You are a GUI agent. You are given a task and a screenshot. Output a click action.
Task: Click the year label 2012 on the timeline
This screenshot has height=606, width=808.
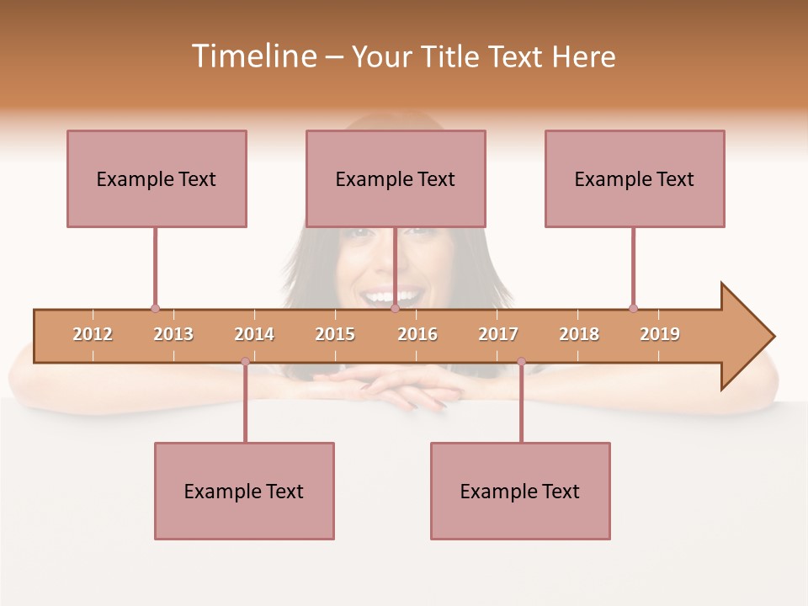point(93,334)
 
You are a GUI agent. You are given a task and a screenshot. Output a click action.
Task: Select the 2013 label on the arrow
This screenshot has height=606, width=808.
point(173,334)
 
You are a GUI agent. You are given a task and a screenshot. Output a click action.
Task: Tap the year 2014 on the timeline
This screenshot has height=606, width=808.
point(254,334)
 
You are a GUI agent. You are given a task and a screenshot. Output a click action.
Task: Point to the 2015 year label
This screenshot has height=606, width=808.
point(335,334)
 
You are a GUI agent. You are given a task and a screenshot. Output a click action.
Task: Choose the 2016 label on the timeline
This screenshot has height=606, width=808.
point(417,334)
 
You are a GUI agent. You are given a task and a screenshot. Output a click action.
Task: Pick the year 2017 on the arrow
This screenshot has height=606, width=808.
point(498,334)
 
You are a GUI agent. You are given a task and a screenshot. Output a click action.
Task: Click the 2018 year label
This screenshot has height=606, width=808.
point(579,334)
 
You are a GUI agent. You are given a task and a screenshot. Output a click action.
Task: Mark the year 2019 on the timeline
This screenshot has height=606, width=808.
point(660,334)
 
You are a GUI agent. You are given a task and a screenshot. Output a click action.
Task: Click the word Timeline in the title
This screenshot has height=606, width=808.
point(252,56)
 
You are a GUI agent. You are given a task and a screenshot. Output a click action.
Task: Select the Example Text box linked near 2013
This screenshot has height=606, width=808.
point(157,178)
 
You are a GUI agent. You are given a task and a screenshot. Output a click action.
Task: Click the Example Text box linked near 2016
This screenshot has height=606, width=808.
point(396,178)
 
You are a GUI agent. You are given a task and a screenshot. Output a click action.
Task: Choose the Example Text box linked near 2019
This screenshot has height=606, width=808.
point(635,178)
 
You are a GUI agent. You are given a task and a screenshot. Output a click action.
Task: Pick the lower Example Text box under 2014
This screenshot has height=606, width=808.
point(244,491)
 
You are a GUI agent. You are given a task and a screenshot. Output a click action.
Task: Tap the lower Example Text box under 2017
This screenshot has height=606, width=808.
point(520,491)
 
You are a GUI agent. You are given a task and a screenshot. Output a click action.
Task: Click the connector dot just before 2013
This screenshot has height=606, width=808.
point(155,309)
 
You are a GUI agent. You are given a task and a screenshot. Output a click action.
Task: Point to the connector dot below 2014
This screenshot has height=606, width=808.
point(245,362)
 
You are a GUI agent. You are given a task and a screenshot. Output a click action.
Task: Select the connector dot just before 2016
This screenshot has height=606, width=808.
point(395,309)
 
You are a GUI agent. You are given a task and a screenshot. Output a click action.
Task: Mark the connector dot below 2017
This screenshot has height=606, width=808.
point(521,362)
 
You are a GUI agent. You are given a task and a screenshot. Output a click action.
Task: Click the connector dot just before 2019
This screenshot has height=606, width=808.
point(633,309)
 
